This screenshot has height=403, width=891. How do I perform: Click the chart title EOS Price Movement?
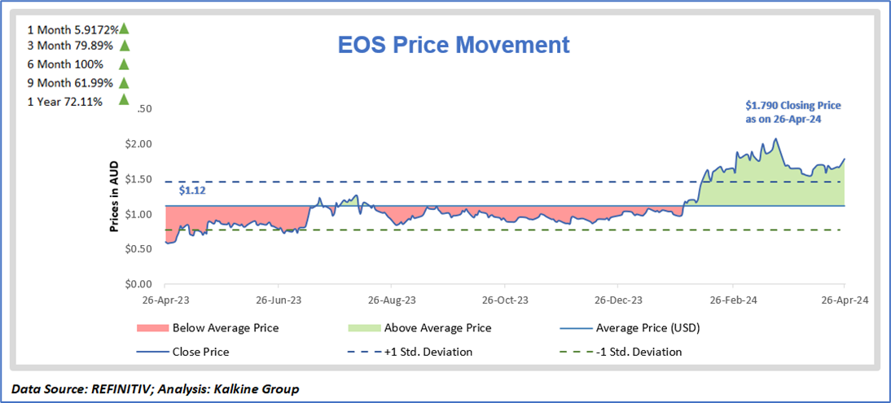click(454, 45)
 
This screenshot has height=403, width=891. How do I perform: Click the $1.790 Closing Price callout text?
click(793, 112)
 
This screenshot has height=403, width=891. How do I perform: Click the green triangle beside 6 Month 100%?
click(124, 64)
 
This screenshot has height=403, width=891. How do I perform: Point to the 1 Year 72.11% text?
click(64, 101)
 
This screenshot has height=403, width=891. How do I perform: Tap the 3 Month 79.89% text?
click(67, 46)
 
